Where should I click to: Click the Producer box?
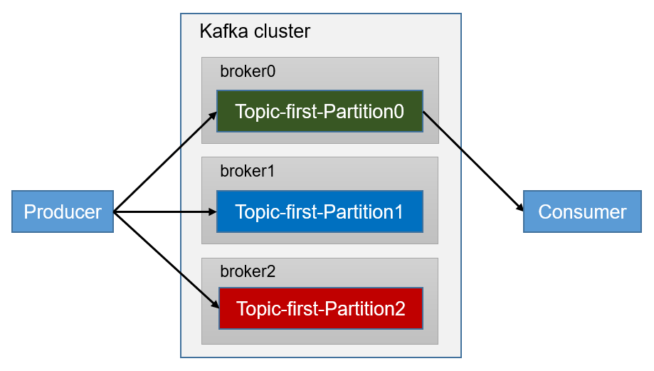(x=63, y=211)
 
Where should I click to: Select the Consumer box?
(x=582, y=211)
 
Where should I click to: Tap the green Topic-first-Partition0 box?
(x=320, y=111)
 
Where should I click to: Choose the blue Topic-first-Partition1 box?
(x=320, y=211)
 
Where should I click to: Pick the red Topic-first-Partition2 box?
(x=320, y=308)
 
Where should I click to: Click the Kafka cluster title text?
(x=255, y=31)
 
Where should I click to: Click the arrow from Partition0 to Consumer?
(x=473, y=162)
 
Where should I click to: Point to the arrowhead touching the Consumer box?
(x=520, y=209)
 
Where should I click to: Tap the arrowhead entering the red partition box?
(x=213, y=305)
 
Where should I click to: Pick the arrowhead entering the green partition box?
(x=213, y=114)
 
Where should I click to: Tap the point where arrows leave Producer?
(x=115, y=211)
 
